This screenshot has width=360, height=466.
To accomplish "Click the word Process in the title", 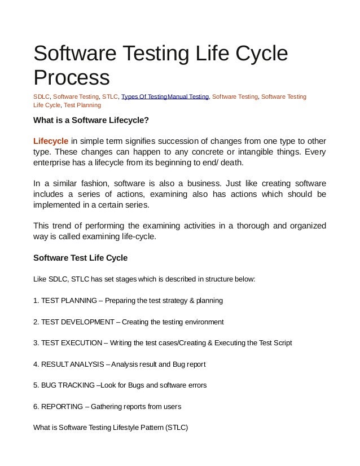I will [x=71, y=78].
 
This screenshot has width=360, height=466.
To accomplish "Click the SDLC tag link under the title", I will [x=41, y=97].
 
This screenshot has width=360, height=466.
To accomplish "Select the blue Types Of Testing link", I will [x=144, y=97].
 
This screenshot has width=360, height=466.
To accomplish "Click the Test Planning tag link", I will [x=82, y=105].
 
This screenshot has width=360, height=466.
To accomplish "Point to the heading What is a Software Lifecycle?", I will [x=91, y=120].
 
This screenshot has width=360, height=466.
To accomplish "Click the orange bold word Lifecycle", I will [x=51, y=140].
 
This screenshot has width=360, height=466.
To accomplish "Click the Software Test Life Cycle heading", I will [x=81, y=258].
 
